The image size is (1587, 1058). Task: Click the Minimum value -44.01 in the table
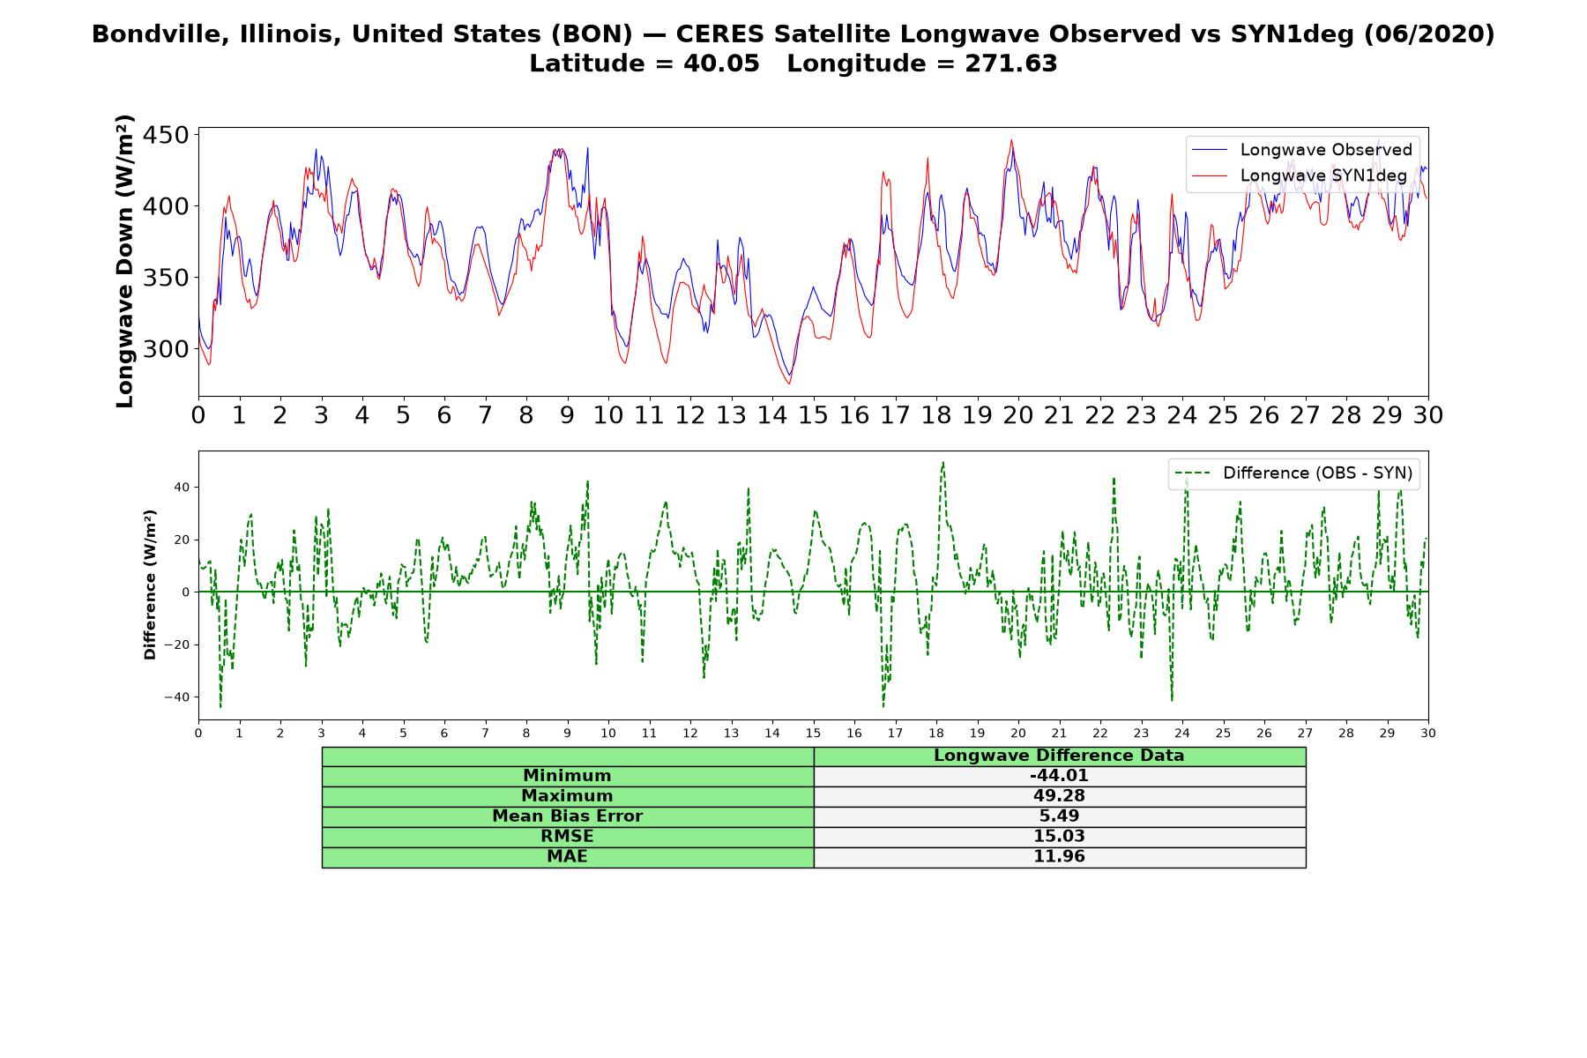(1059, 776)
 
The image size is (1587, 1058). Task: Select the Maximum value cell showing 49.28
(1059, 796)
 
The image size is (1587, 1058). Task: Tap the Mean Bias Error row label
(567, 816)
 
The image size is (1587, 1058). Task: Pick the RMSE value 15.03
(1059, 837)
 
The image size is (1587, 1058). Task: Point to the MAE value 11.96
(1059, 857)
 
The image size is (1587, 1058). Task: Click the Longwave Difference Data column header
(1059, 756)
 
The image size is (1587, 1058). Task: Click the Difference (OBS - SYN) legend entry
(1293, 473)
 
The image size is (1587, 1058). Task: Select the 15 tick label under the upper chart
(813, 415)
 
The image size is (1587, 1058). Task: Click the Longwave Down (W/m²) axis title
(125, 261)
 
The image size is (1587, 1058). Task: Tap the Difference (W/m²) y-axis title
(150, 585)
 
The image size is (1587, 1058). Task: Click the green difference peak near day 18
(943, 463)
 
